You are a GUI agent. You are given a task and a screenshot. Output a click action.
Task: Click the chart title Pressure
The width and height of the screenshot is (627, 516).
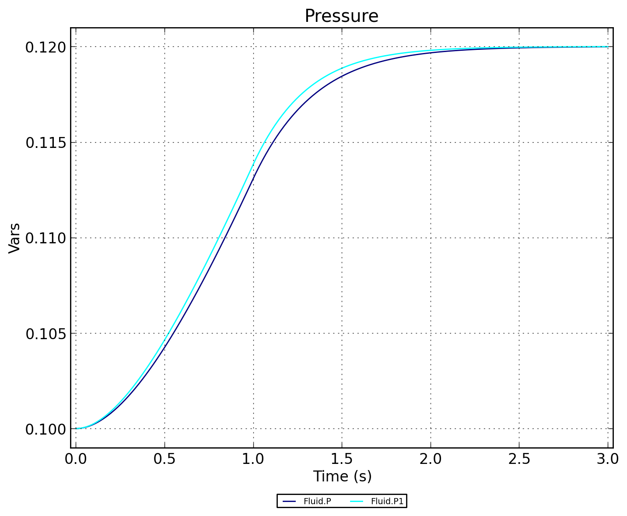[x=341, y=16]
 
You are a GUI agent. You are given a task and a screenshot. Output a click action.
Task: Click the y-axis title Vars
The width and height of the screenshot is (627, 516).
[x=15, y=238]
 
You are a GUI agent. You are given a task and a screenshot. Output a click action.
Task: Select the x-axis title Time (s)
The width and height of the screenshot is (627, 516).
[x=342, y=476]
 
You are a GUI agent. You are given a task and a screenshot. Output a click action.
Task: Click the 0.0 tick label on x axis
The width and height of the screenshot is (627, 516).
[x=76, y=459]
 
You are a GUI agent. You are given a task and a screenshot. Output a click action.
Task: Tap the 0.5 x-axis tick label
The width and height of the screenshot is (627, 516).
[x=165, y=459]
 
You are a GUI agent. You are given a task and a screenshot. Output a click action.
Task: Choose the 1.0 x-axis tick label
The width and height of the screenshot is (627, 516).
[x=253, y=459]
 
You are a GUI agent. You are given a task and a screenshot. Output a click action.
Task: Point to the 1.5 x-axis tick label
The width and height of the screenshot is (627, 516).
[x=342, y=459]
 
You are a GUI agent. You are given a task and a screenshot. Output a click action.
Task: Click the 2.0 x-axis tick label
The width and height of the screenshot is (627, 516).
[x=431, y=459]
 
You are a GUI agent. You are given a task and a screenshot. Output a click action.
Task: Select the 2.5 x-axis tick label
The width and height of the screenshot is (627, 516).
[x=519, y=459]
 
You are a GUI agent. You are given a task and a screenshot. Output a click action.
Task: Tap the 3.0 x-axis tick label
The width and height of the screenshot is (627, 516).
[x=608, y=459]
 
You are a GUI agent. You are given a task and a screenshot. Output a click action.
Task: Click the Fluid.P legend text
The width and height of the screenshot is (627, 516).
[x=317, y=502]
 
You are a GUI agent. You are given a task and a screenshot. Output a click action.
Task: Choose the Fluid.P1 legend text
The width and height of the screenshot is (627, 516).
[x=387, y=502]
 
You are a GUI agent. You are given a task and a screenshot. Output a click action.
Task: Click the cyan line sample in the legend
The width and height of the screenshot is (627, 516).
[x=357, y=502]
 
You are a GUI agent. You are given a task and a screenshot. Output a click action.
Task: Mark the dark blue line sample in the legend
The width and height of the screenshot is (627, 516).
[x=290, y=502]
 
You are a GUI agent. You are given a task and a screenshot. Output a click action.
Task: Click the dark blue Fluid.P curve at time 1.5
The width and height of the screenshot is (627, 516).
[x=342, y=76]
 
